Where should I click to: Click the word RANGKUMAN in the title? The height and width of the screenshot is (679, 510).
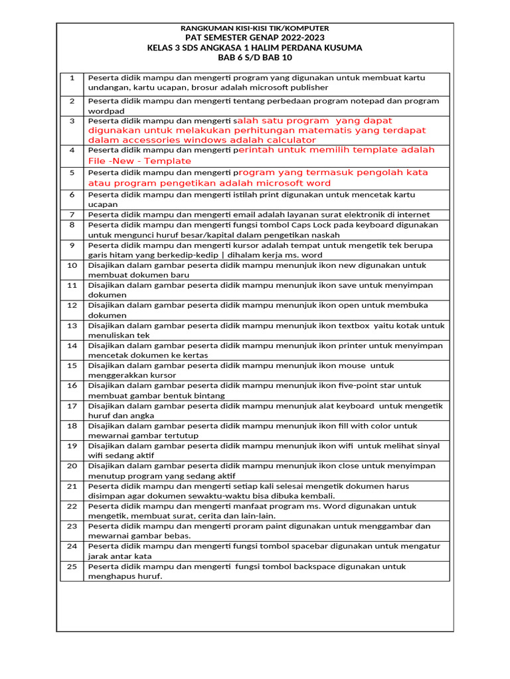[x=203, y=29]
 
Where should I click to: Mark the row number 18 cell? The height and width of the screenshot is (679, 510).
[x=72, y=426]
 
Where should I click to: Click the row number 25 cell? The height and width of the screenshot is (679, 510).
[x=72, y=566]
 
